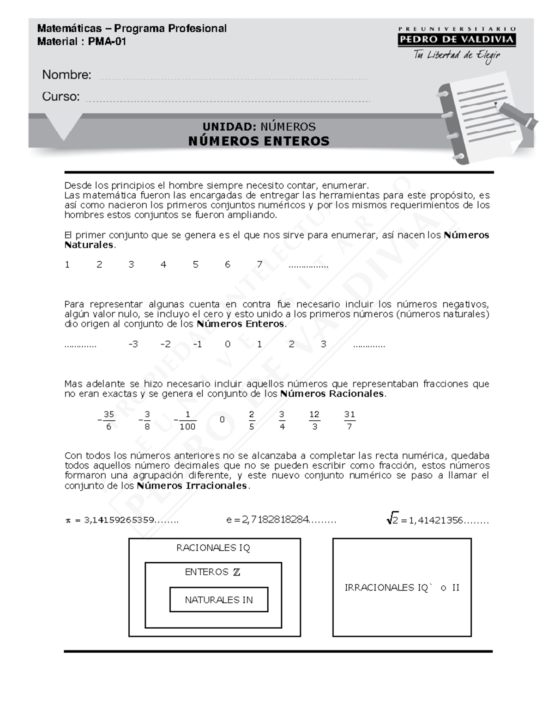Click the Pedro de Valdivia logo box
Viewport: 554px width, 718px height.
point(456,39)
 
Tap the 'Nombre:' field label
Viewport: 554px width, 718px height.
point(66,74)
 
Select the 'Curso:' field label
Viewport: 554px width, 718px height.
point(60,96)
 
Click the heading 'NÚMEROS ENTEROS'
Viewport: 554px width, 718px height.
point(259,141)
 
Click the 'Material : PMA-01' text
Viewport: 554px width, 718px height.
point(81,42)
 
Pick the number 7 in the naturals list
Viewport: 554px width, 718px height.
point(259,264)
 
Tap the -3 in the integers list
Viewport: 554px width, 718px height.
point(133,344)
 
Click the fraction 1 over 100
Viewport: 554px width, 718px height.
point(187,420)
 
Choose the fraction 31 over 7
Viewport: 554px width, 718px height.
point(349,420)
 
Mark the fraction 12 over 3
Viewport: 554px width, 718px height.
point(314,420)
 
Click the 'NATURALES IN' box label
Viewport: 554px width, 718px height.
point(219,600)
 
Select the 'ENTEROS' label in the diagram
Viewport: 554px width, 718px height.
point(207,572)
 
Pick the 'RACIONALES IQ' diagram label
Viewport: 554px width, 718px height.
point(213,548)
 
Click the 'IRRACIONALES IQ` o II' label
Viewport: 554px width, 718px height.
point(402,588)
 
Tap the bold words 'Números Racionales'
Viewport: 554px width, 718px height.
point(332,394)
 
